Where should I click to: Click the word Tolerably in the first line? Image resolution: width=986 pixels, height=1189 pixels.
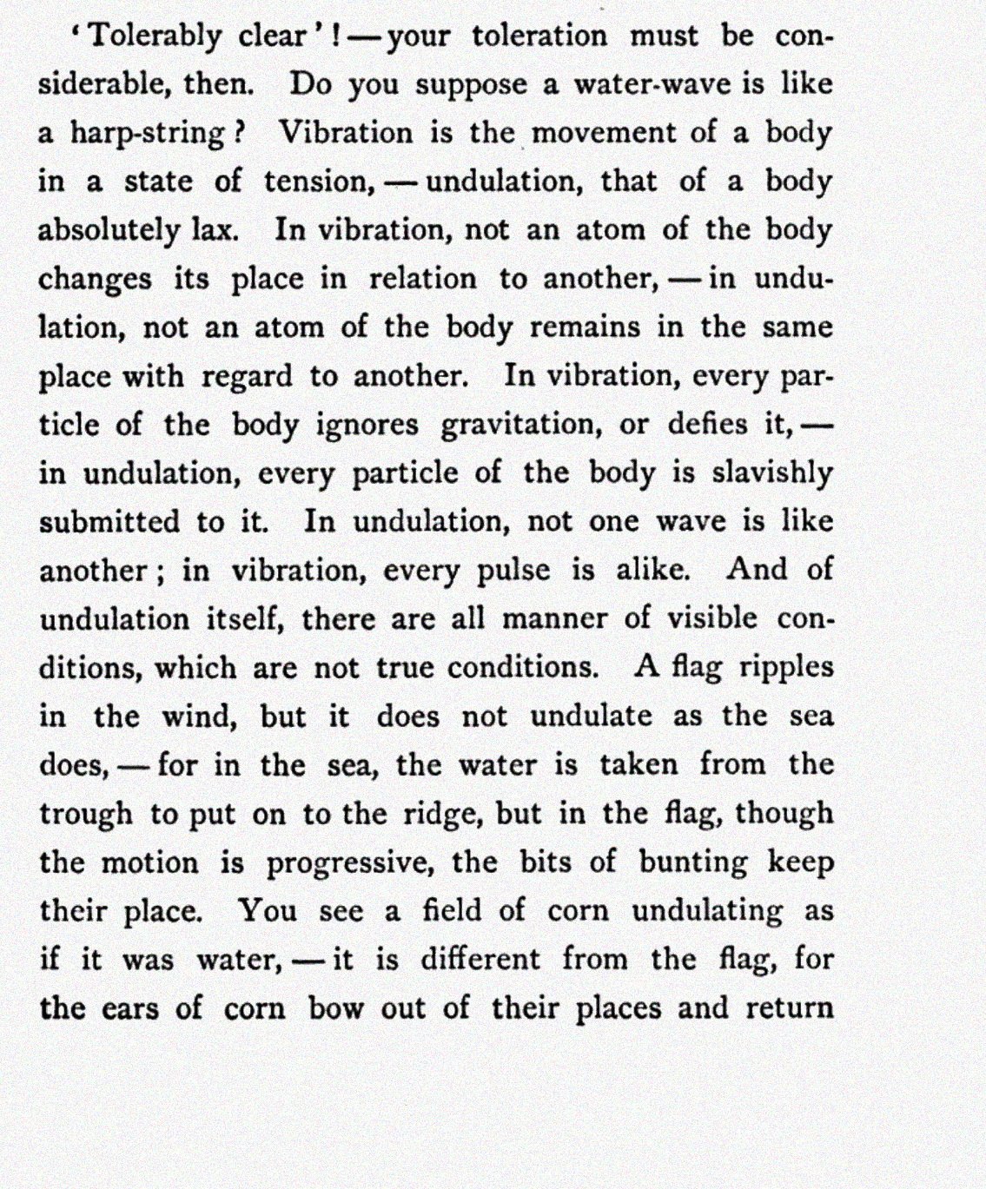point(156,36)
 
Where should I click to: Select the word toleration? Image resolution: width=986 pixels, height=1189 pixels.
point(539,36)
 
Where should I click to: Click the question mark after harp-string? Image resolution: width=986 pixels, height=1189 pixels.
point(241,134)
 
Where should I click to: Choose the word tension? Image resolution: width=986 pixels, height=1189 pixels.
point(317,182)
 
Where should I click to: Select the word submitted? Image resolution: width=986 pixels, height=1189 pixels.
point(109,522)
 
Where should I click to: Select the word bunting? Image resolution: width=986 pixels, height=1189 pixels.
point(693,863)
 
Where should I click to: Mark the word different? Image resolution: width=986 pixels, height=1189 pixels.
point(480,960)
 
